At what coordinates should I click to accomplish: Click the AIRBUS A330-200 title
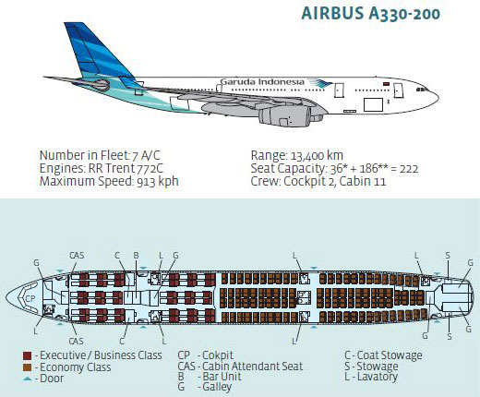[370, 14]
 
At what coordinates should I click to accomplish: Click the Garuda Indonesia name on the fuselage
[262, 82]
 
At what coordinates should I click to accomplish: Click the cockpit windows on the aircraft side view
[422, 90]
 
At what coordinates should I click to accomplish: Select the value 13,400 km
[317, 156]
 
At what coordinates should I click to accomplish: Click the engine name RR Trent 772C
[126, 168]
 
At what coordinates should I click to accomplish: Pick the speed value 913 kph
[158, 181]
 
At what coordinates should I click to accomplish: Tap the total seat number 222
[409, 169]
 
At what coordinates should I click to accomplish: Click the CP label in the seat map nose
[30, 298]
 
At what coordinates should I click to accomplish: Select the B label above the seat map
[136, 255]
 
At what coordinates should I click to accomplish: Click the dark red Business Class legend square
[28, 355]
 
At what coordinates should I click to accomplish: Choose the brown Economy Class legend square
[28, 367]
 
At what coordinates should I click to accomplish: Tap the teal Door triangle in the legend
[28, 379]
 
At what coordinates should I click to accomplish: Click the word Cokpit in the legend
[218, 355]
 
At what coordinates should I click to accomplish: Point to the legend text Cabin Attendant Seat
[253, 367]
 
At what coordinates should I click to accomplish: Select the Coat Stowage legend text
[390, 355]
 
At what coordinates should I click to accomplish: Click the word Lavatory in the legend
[377, 377]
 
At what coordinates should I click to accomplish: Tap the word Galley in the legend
[217, 387]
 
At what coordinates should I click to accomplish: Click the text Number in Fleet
[84, 155]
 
